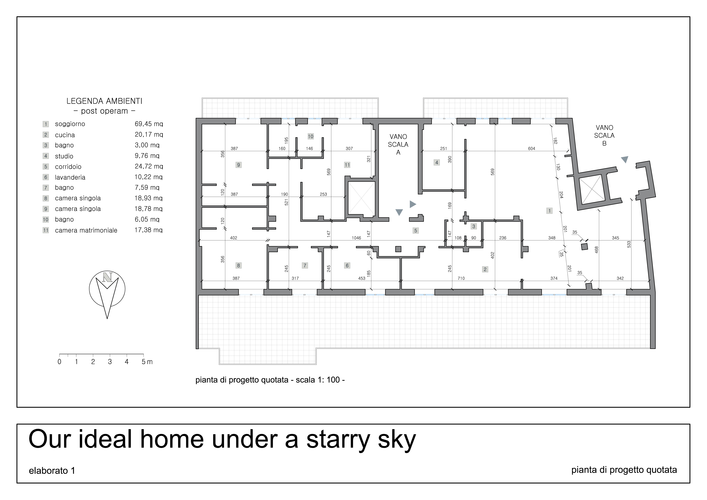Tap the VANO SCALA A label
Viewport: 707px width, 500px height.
(x=398, y=145)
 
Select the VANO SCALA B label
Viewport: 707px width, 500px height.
(x=604, y=136)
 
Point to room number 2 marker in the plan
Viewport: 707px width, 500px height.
(x=485, y=269)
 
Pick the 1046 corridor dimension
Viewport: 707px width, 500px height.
(x=356, y=238)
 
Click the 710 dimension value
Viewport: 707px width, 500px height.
(x=461, y=278)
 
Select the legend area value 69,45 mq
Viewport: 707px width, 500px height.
(x=149, y=124)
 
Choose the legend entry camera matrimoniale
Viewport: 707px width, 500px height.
(x=86, y=230)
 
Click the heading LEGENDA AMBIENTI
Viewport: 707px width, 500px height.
(x=104, y=101)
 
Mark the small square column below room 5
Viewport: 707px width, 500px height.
(x=398, y=249)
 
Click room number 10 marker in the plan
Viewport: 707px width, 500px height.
(x=310, y=136)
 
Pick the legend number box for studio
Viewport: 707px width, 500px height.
(x=46, y=156)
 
